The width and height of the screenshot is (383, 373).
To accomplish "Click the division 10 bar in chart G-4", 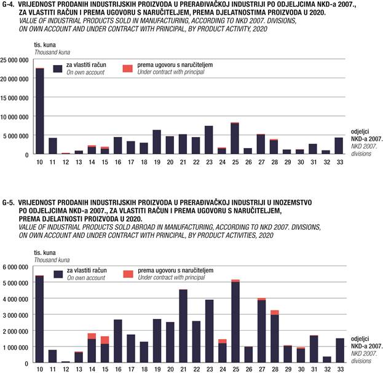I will click(39, 111).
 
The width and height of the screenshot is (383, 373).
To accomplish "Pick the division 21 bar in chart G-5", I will click(183, 326).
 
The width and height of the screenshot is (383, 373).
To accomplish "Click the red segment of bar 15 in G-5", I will click(105, 340).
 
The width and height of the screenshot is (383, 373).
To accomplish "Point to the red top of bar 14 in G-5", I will click(92, 336).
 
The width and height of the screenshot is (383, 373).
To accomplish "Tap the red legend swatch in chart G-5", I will click(128, 273).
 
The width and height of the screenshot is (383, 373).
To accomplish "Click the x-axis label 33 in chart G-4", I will click(339, 162).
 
